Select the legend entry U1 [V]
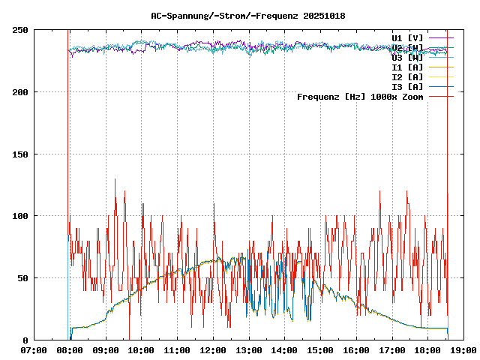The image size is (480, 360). tap(407, 37)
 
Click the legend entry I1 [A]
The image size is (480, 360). tap(407, 67)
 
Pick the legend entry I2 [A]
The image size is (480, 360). tap(407, 77)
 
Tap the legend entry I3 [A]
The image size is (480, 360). tap(407, 87)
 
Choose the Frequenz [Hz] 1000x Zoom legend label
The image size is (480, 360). tap(360, 97)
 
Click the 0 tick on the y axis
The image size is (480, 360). tap(25, 340)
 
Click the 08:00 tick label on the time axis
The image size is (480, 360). tap(70, 350)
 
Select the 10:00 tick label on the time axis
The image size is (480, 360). tap(141, 350)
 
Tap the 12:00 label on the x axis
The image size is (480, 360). tap(213, 350)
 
